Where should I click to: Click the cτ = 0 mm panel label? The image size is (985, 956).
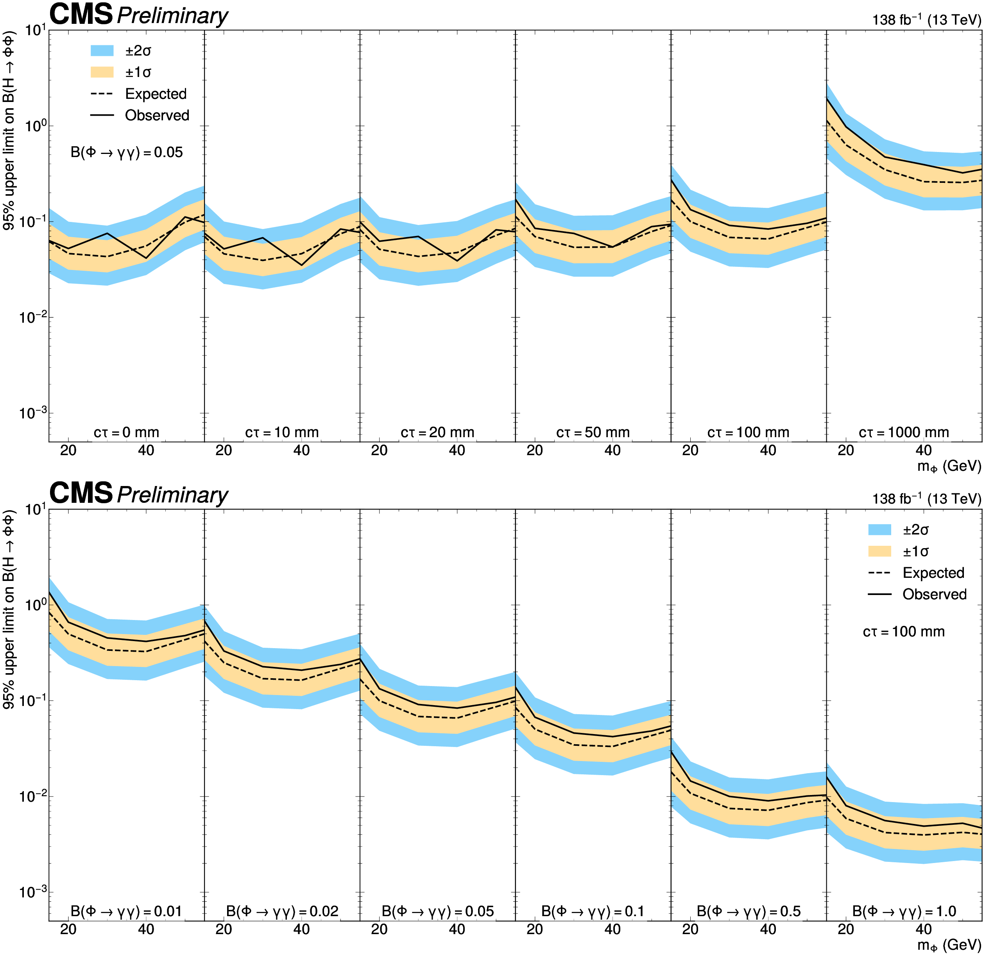click(x=126, y=432)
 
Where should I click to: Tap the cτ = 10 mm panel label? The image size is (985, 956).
click(x=282, y=432)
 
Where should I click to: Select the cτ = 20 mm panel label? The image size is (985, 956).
click(x=437, y=432)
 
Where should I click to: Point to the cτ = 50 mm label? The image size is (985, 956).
click(x=593, y=432)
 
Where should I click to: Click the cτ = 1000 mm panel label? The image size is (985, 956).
click(x=904, y=432)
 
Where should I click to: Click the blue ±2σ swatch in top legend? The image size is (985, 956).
click(x=102, y=50)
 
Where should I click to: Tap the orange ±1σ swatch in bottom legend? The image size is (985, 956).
click(x=879, y=551)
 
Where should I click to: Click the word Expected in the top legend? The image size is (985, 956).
click(x=156, y=94)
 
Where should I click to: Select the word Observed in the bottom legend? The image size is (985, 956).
click(x=935, y=594)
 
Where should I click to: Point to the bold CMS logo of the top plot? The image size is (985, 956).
click(x=81, y=14)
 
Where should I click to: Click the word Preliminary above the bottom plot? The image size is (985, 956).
click(x=172, y=495)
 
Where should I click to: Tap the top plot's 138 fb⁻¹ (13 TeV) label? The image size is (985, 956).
click(x=927, y=19)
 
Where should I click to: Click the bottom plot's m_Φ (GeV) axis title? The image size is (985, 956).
click(x=949, y=945)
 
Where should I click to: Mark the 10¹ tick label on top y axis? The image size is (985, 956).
click(x=33, y=30)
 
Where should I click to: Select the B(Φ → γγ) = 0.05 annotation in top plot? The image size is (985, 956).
click(x=127, y=152)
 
